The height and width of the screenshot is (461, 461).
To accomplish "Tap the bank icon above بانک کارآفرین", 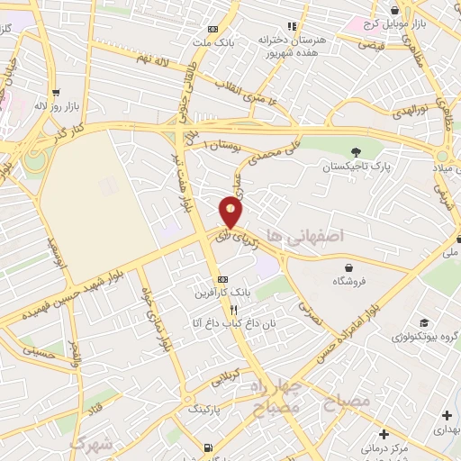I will [223, 279].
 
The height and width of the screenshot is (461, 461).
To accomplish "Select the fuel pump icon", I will [209, 447].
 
